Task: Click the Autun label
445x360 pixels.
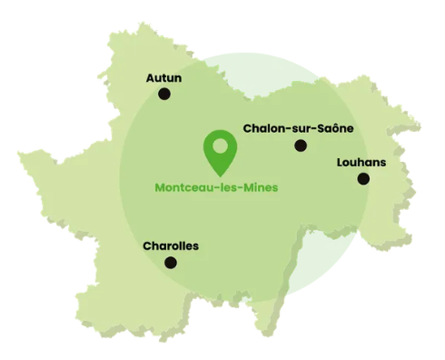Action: pos(163,78)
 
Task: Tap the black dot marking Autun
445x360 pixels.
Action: pos(164,94)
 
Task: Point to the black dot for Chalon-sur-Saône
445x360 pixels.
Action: pos(301,145)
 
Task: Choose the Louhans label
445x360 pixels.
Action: pos(361,163)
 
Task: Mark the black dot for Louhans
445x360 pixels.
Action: pos(363,179)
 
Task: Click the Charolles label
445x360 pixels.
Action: pos(171,245)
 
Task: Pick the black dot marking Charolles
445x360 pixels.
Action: pos(170,263)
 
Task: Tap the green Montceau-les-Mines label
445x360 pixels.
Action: pos(216,188)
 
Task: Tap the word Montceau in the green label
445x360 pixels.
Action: pos(185,188)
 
